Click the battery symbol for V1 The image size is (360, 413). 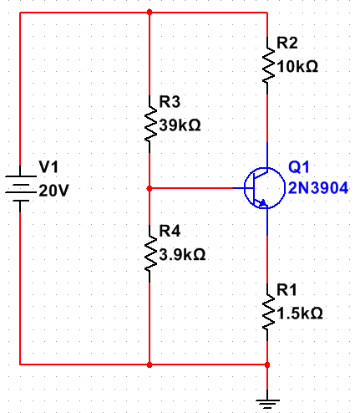click(19, 189)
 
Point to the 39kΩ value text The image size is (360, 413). click(180, 126)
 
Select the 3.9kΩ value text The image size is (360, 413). click(182, 253)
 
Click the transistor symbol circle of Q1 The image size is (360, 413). click(260, 189)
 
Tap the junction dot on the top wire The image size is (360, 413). click(149, 13)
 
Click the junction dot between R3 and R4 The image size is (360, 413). click(149, 189)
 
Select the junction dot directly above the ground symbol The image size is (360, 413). click(267, 365)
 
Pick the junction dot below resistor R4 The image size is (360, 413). click(149, 365)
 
